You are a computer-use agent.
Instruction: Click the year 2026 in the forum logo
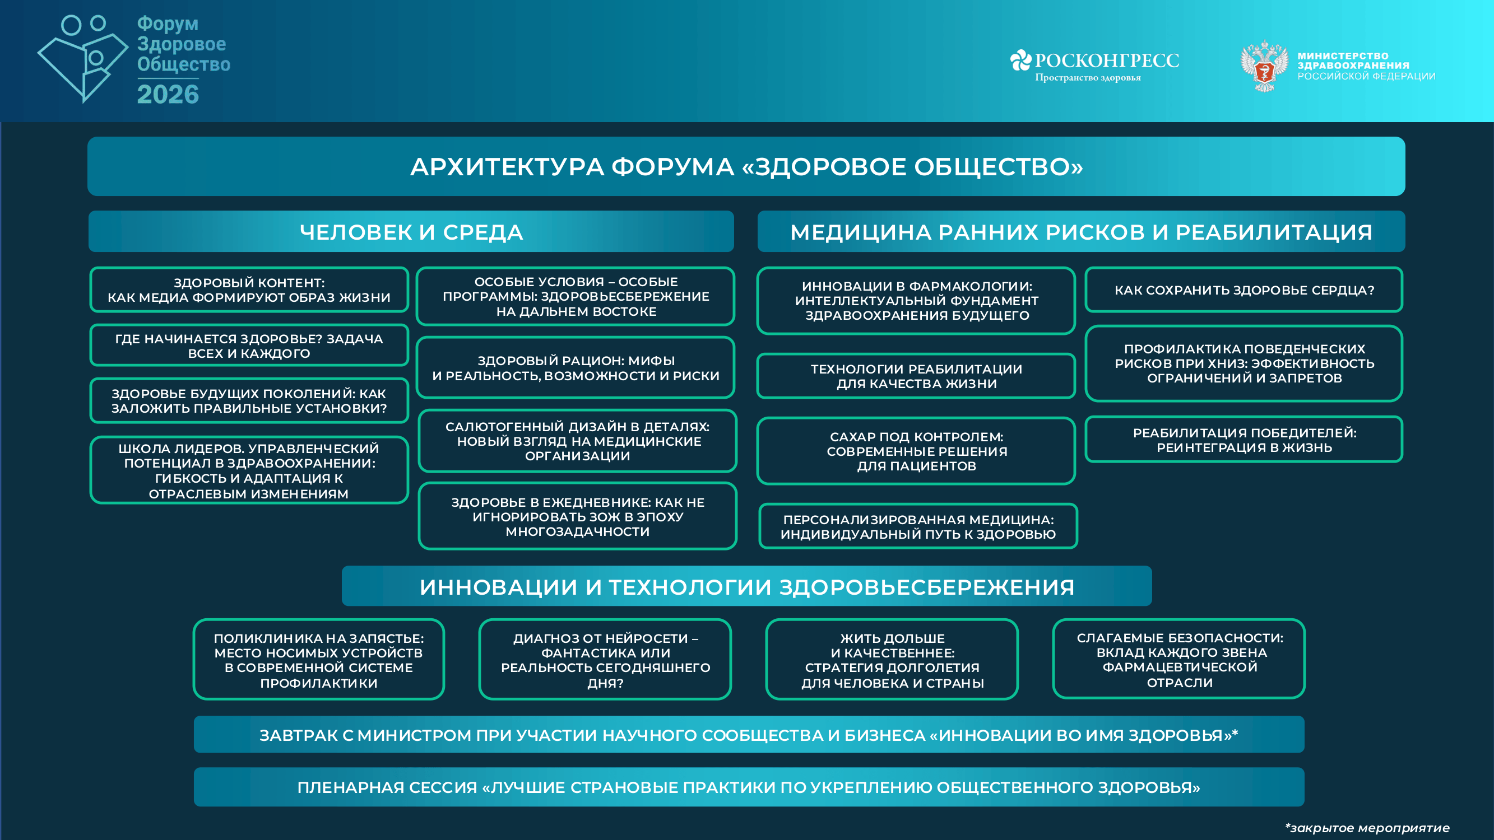pyautogui.click(x=168, y=95)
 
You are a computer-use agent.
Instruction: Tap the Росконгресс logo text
pyautogui.click(x=1106, y=60)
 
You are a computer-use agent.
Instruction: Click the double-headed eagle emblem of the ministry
pyautogui.click(x=1264, y=66)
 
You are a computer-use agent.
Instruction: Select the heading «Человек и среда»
pyautogui.click(x=411, y=232)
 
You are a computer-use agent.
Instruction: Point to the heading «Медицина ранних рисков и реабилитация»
pyautogui.click(x=1081, y=232)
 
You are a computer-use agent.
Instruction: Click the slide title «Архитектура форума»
pyautogui.click(x=746, y=167)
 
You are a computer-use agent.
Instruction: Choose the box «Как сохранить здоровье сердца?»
pyautogui.click(x=1244, y=291)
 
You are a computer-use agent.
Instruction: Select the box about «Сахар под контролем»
pyautogui.click(x=916, y=451)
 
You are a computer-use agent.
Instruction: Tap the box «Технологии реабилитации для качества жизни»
pyautogui.click(x=916, y=376)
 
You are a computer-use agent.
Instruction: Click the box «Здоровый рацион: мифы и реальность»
pyautogui.click(x=576, y=368)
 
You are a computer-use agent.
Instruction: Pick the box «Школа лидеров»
pyautogui.click(x=249, y=470)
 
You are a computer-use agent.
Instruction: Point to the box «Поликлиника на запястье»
pyautogui.click(x=318, y=660)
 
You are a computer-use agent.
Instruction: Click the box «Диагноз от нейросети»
pyautogui.click(x=605, y=660)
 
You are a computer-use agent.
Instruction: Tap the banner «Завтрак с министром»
pyautogui.click(x=749, y=735)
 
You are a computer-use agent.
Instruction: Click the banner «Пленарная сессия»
pyautogui.click(x=749, y=787)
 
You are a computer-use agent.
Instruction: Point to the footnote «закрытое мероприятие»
pyautogui.click(x=1367, y=828)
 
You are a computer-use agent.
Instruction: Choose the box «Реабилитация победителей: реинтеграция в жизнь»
pyautogui.click(x=1244, y=440)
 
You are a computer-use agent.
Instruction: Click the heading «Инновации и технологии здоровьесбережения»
pyautogui.click(x=746, y=587)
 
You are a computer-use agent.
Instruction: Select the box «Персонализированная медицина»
pyautogui.click(x=917, y=526)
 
